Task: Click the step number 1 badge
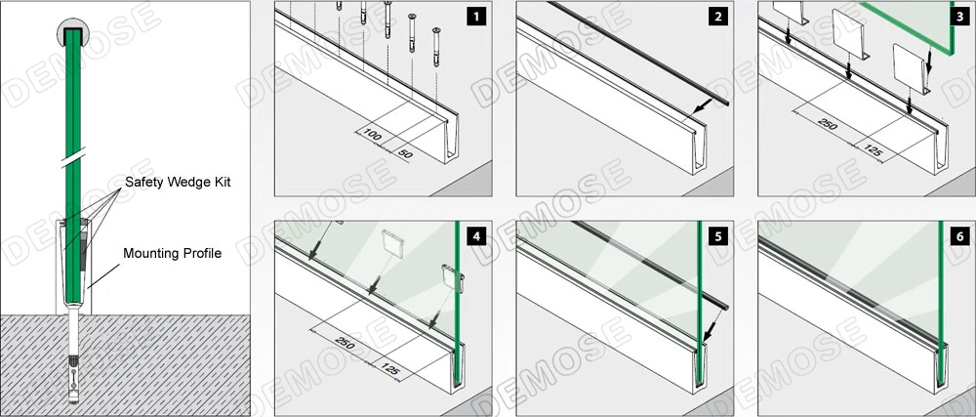pos(474,16)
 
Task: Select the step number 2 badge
pos(717,16)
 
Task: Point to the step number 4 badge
pos(474,235)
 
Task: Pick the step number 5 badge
pos(717,235)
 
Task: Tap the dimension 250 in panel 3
pos(828,127)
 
